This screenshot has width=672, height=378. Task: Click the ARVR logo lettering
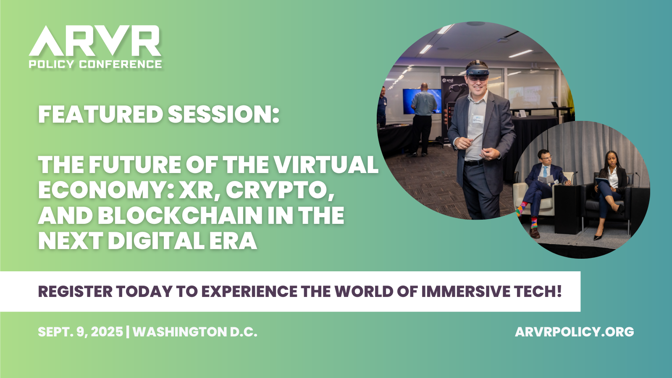pos(95,41)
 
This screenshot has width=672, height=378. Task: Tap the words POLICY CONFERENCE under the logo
pos(95,64)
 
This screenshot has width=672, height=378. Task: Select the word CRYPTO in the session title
pos(280,190)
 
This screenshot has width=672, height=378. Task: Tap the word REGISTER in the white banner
pos(75,291)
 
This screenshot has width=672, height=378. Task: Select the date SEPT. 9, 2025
pos(80,332)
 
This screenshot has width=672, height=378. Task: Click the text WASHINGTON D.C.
pos(195,332)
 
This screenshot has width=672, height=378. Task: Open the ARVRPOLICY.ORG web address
pos(574,332)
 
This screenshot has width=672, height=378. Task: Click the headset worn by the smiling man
pos(478,71)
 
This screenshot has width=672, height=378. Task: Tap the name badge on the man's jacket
pos(477,119)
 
